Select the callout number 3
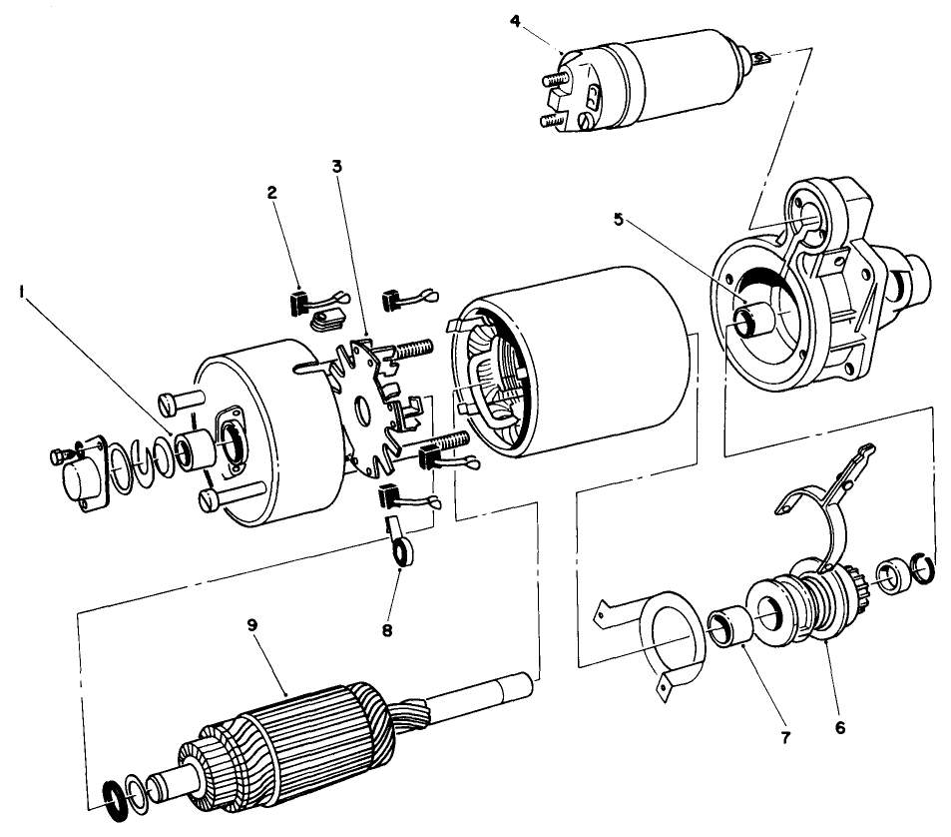coord(338,167)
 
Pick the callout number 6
coord(840,728)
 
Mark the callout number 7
coord(784,738)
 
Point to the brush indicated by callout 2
coord(299,299)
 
